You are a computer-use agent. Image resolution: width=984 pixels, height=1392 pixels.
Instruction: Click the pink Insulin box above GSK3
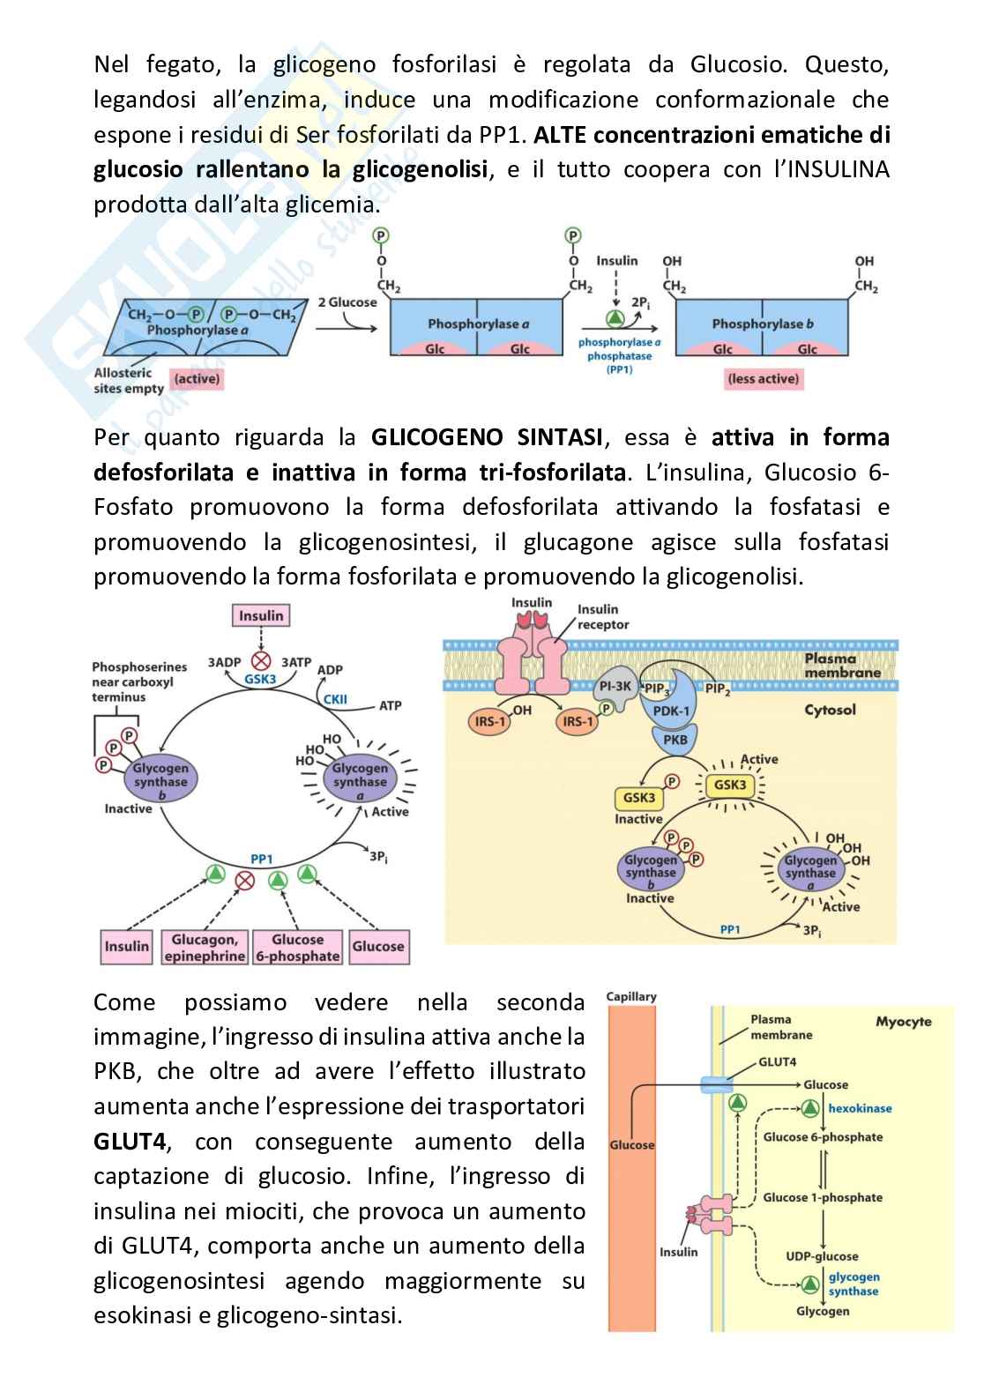pos(261,615)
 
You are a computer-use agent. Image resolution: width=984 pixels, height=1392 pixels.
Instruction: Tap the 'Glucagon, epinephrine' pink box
pos(205,948)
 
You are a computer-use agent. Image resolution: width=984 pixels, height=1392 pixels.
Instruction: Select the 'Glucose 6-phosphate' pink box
pos(297,948)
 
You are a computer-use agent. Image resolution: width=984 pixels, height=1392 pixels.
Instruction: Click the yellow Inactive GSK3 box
pos(638,798)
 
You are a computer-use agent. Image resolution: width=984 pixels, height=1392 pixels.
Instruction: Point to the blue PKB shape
pos(675,740)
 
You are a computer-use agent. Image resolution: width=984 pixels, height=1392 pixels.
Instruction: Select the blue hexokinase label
pos(860,1108)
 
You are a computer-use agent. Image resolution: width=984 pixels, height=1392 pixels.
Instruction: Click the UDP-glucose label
pos(822,1256)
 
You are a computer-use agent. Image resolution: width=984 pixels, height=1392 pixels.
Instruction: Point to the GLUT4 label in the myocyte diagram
pos(777,1061)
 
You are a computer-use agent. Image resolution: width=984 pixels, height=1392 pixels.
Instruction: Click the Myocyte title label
pos(903,1022)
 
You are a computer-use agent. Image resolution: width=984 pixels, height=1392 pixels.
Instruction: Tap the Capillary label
pos(631,996)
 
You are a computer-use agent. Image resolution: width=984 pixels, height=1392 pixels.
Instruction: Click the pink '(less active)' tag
pos(763,379)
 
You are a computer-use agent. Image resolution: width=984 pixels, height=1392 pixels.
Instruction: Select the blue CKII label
pos(335,699)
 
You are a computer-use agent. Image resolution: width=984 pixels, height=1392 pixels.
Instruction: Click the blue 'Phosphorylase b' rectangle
pos(762,325)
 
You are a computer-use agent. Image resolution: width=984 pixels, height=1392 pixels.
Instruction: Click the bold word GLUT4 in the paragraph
pos(130,1142)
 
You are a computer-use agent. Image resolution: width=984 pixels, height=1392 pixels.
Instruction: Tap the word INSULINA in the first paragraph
pos(831,169)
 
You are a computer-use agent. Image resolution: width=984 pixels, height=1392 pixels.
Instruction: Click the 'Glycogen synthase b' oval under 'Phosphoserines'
pos(160,781)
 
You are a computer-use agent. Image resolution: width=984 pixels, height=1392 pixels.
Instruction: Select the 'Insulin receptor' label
pos(603,617)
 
